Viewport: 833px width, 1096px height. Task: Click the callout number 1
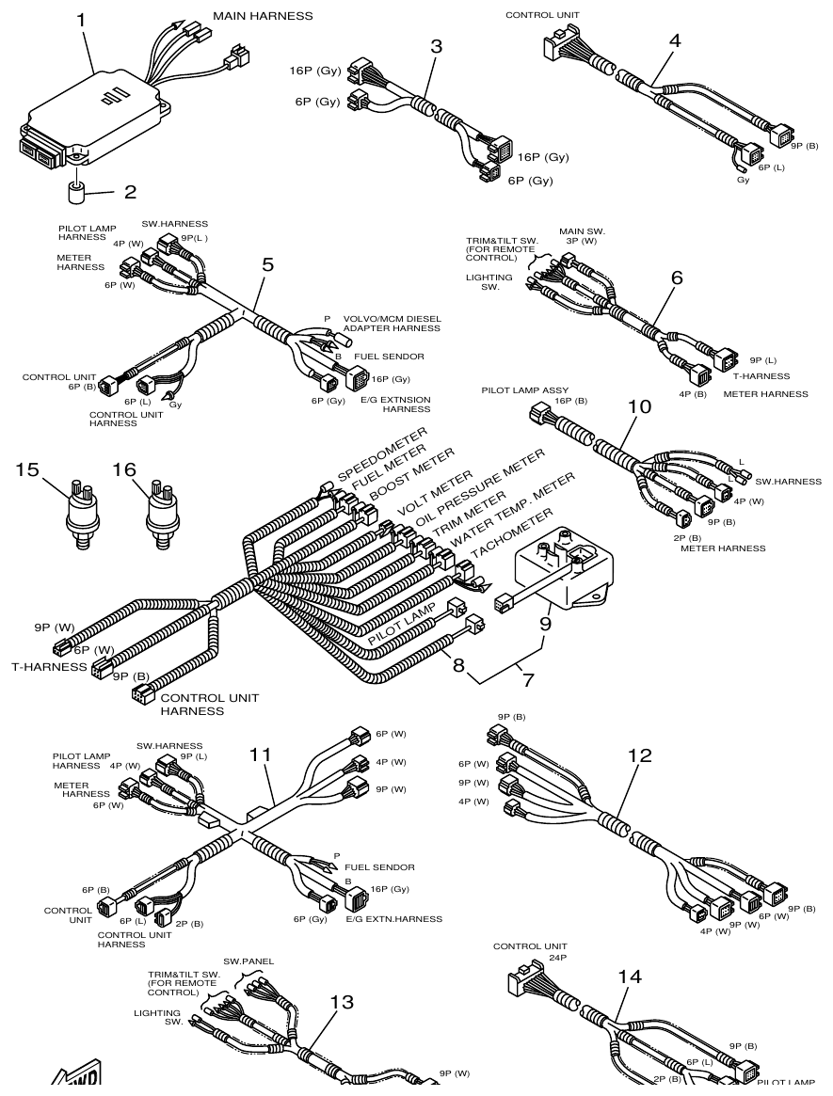(82, 18)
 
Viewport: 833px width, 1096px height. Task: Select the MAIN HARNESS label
(263, 16)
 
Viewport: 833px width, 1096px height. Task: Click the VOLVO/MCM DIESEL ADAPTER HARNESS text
(392, 323)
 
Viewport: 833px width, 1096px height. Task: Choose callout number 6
(677, 278)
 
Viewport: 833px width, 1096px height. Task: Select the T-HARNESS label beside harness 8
(47, 667)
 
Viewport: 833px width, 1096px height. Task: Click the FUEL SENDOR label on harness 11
(379, 866)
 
